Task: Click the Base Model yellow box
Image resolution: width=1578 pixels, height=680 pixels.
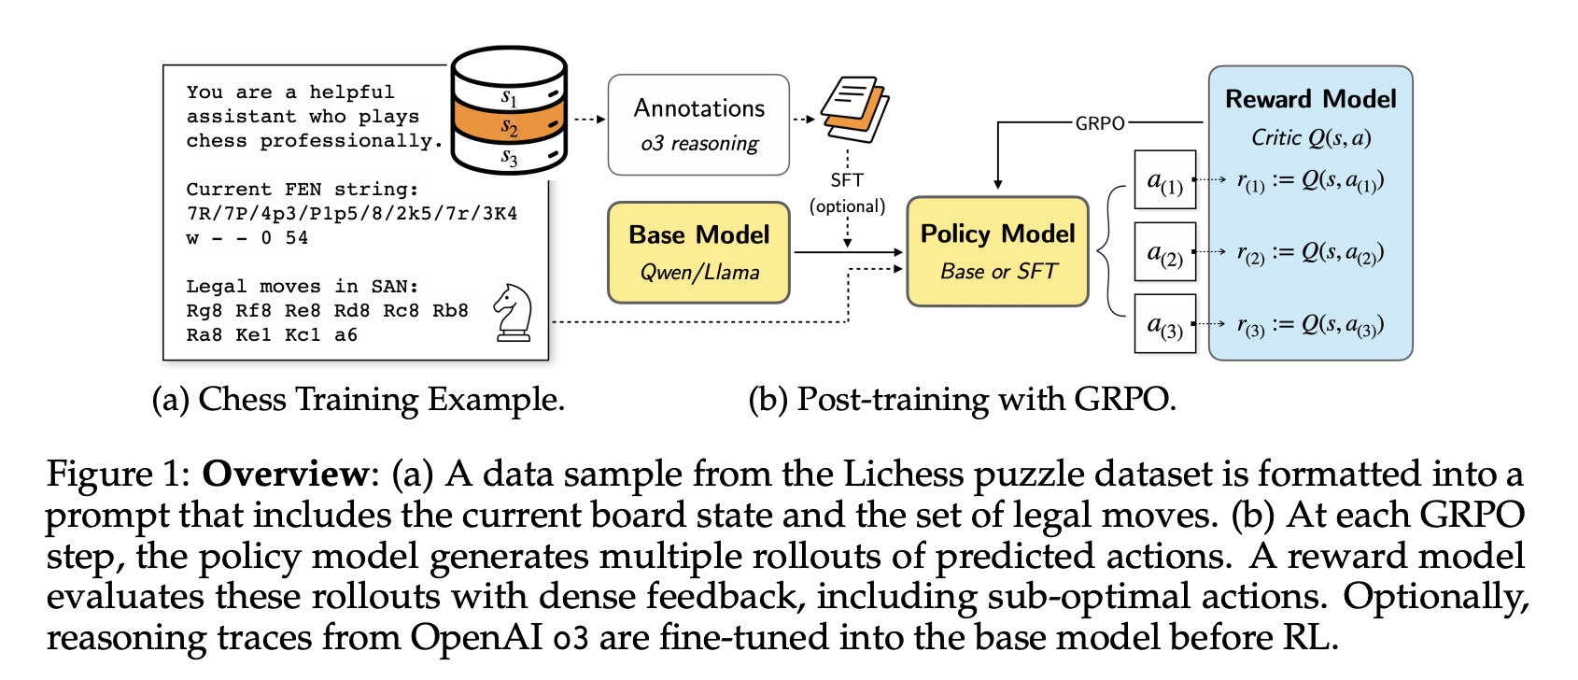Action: pos(698,252)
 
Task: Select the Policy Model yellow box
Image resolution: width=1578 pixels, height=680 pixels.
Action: pos(997,251)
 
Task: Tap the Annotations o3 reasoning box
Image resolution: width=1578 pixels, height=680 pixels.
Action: pos(698,125)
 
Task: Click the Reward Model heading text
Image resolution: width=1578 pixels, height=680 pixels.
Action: pos(1310,99)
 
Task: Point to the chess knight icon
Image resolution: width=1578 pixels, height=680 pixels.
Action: pos(513,312)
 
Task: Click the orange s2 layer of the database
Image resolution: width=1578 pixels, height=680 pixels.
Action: pos(509,125)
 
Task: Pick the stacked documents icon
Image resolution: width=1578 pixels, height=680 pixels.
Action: pos(854,109)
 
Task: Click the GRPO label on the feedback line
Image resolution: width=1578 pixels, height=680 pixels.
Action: pos(1100,123)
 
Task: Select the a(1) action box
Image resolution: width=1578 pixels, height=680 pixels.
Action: pos(1164,179)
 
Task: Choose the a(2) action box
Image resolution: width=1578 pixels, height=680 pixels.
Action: pos(1164,251)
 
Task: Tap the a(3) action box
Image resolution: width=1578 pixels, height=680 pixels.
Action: pos(1164,324)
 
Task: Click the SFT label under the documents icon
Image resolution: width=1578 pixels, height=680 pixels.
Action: pos(847,179)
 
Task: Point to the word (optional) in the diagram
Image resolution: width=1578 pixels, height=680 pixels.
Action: pos(847,205)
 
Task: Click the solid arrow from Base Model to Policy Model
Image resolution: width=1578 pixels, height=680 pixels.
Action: pos(848,252)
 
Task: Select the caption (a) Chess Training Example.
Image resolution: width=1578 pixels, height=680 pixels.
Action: pos(358,400)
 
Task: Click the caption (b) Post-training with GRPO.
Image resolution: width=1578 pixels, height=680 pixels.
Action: pos(962,400)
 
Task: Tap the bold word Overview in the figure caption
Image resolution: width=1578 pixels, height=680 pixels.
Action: pos(286,474)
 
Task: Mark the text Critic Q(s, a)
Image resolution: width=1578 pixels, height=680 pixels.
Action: pos(1310,138)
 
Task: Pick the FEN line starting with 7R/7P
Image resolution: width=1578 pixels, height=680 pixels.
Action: pos(352,214)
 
